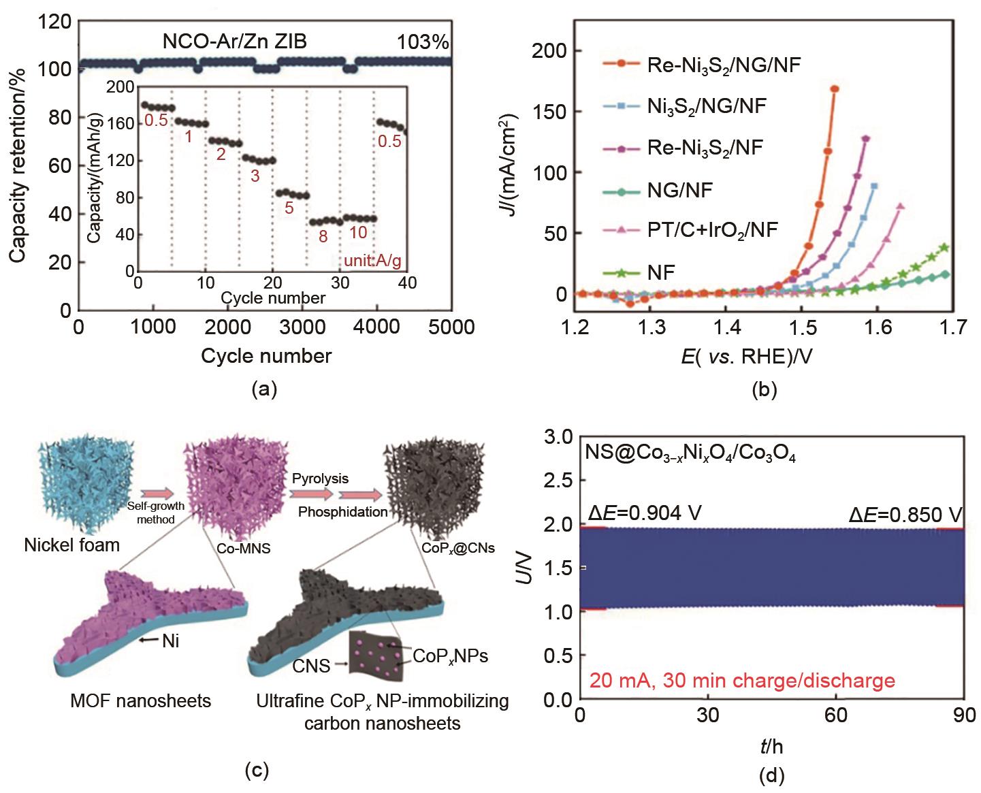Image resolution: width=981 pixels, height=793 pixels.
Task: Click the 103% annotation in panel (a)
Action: pyautogui.click(x=423, y=42)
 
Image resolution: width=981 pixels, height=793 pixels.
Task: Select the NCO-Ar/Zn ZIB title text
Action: pyautogui.click(x=234, y=42)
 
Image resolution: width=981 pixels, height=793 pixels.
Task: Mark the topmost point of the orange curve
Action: pyautogui.click(x=835, y=89)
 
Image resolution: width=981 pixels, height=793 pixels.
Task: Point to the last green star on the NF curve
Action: pyautogui.click(x=944, y=248)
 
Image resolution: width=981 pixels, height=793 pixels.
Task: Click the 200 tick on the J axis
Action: pyautogui.click(x=557, y=51)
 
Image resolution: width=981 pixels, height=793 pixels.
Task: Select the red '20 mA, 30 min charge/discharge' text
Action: pyautogui.click(x=741, y=681)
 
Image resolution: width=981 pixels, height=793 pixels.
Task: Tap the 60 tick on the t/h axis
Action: pyautogui.click(x=836, y=716)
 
